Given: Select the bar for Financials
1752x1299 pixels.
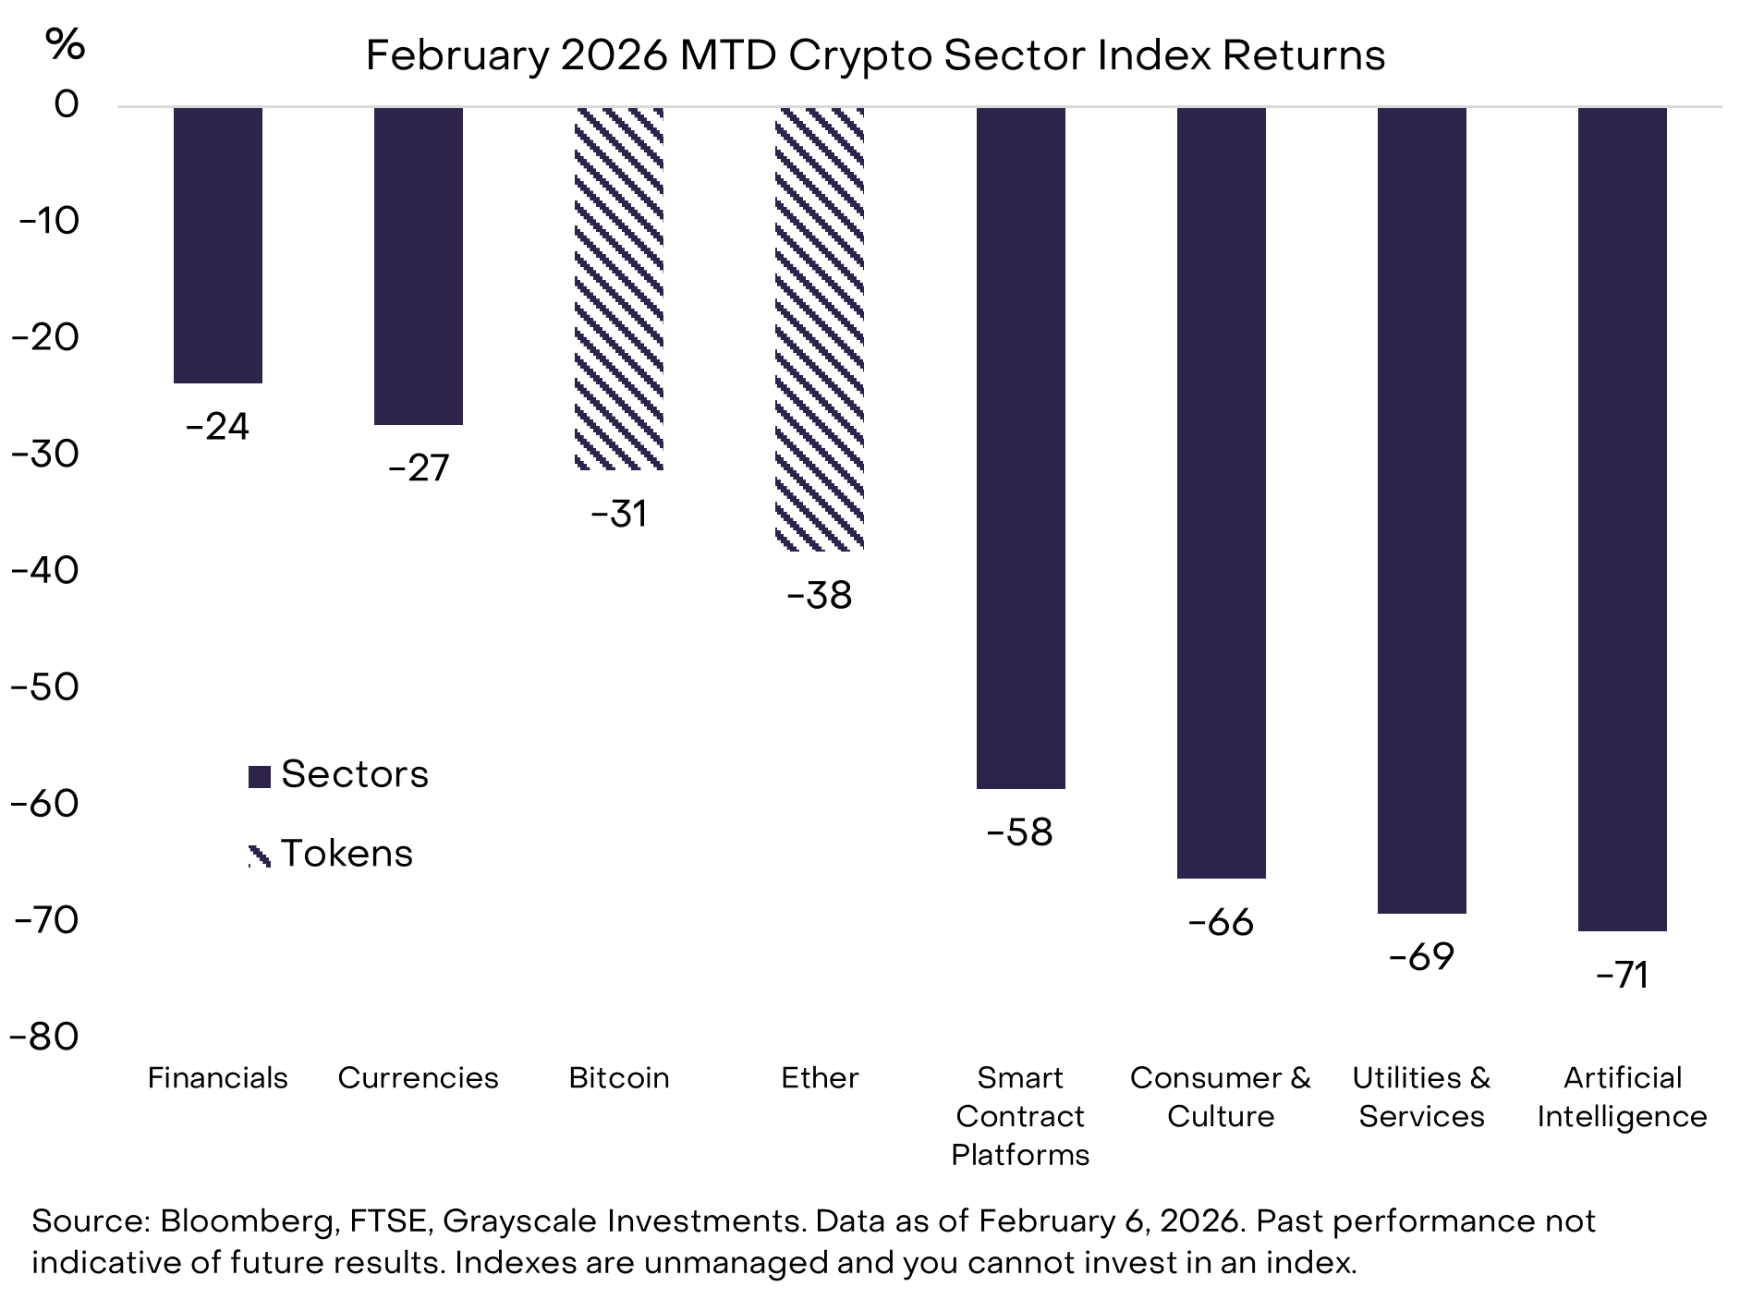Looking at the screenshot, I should pyautogui.click(x=218, y=245).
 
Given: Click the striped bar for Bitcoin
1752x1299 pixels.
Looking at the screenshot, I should pyautogui.click(x=619, y=288).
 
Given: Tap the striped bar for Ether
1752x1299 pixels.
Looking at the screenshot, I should pyautogui.click(x=820, y=329).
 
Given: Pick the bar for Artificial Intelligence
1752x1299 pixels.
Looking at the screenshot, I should pyautogui.click(x=1622, y=518).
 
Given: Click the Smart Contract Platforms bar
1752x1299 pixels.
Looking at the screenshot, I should pyautogui.click(x=1020, y=448).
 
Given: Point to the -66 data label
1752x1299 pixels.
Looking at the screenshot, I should pyautogui.click(x=1221, y=922).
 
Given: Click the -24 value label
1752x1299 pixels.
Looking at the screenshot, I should pyautogui.click(x=218, y=427).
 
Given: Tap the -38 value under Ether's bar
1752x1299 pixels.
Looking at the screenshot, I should pyautogui.click(x=820, y=595).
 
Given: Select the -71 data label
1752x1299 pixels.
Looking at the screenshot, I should pyautogui.click(x=1622, y=976).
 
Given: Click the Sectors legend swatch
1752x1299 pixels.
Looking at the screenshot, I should pyautogui.click(x=260, y=776).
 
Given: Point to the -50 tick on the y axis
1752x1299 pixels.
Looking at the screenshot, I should pyautogui.click(x=45, y=686).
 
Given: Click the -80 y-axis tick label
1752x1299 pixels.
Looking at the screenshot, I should pyautogui.click(x=45, y=1037).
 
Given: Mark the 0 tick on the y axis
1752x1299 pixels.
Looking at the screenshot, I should pyautogui.click(x=67, y=103).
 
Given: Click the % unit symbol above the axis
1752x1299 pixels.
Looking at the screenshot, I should pyautogui.click(x=66, y=43).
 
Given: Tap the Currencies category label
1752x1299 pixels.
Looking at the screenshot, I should pyautogui.click(x=418, y=1078).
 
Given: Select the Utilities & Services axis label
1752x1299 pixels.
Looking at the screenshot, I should pyautogui.click(x=1421, y=1097).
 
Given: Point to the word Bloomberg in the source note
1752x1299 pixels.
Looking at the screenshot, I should pyautogui.click(x=247, y=1221).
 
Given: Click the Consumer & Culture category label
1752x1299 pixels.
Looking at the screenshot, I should pyautogui.click(x=1221, y=1097).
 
